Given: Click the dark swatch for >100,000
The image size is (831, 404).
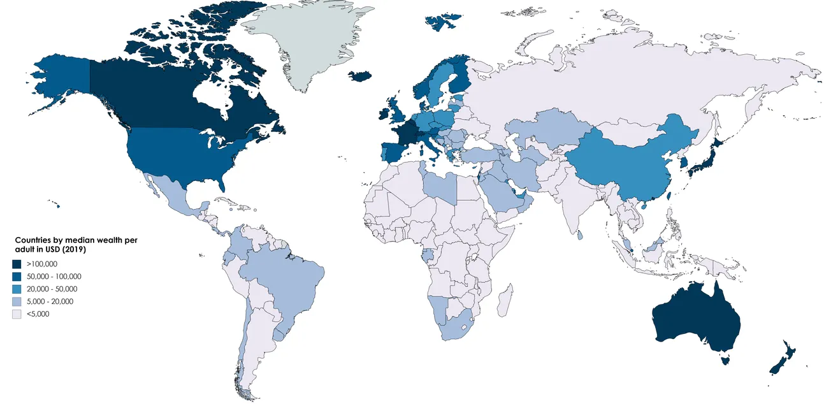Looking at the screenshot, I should (x=17, y=264).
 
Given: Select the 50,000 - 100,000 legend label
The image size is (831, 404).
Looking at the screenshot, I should (x=54, y=277).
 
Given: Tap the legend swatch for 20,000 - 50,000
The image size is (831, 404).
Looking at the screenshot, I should (x=17, y=289).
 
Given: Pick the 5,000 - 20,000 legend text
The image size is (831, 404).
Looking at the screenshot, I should (x=50, y=301).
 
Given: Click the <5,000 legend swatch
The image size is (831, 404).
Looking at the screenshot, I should (x=17, y=314).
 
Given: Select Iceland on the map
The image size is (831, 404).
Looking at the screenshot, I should (x=361, y=76).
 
